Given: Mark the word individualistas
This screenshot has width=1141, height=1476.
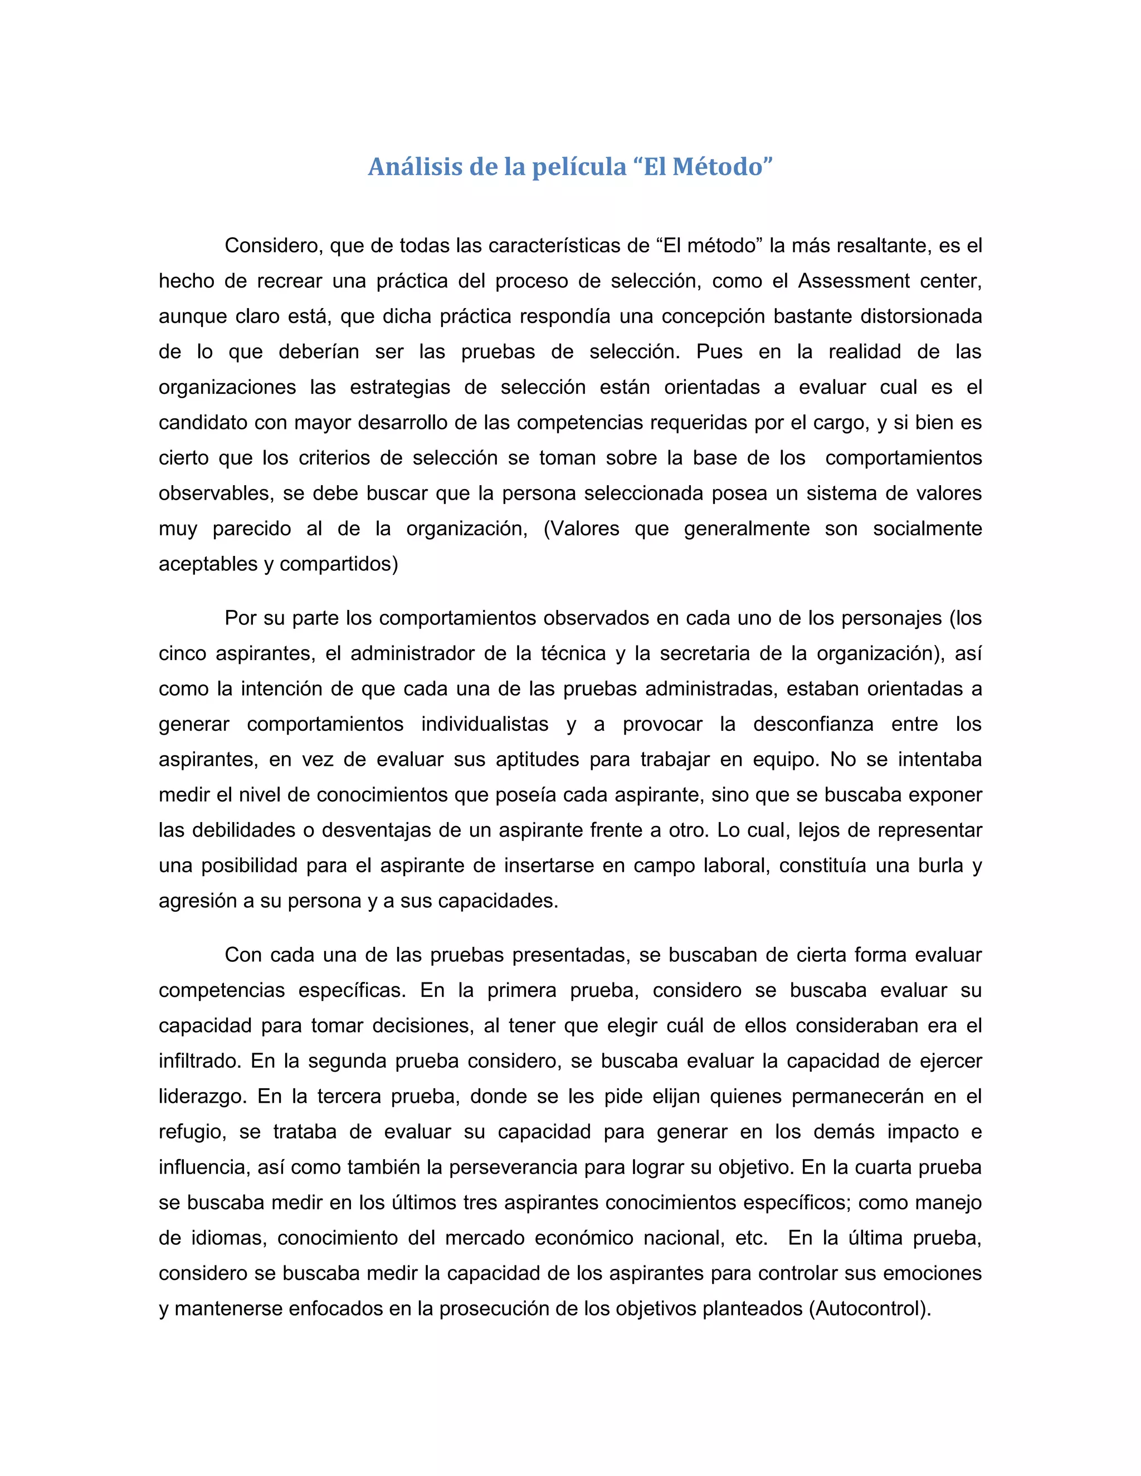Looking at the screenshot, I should [485, 725].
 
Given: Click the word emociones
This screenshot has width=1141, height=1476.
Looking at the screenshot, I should [934, 1273].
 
